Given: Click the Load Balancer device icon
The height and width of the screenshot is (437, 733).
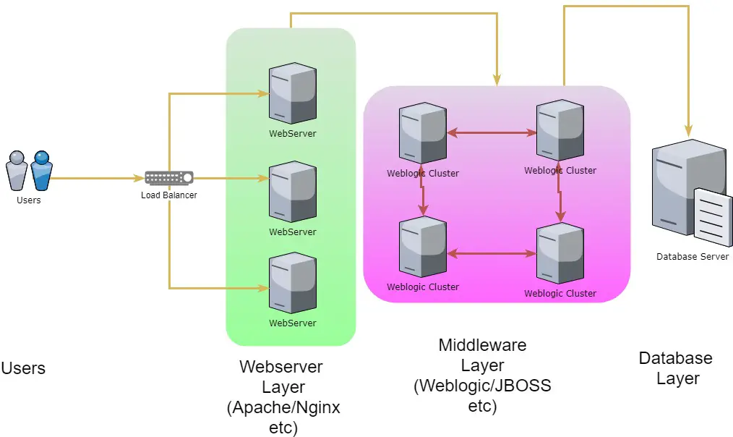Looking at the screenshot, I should (x=169, y=178).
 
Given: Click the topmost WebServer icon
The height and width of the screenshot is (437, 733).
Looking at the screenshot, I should (x=292, y=94).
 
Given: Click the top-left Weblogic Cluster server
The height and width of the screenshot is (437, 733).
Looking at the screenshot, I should (x=422, y=133).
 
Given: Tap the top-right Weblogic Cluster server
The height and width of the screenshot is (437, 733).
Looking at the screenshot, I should (x=560, y=131).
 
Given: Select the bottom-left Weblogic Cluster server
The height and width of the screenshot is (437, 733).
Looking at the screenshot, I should (x=422, y=247).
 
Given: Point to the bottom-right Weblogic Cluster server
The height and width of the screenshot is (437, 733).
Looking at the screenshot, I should (x=560, y=253).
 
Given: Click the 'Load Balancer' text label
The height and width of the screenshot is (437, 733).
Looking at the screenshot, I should (x=168, y=195).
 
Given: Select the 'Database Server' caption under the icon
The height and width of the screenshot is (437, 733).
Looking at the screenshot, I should (x=693, y=257).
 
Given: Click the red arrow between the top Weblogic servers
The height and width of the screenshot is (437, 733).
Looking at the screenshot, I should (x=491, y=133).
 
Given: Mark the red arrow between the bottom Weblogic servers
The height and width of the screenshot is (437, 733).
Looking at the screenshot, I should (x=491, y=254).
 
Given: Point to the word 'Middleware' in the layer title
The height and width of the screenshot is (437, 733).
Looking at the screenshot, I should (x=482, y=345).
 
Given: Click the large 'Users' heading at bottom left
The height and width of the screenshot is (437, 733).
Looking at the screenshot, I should (x=23, y=368).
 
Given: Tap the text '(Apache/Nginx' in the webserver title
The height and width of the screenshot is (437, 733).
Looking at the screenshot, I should (x=283, y=408).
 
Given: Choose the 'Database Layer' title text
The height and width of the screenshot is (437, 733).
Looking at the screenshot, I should (x=676, y=368).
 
